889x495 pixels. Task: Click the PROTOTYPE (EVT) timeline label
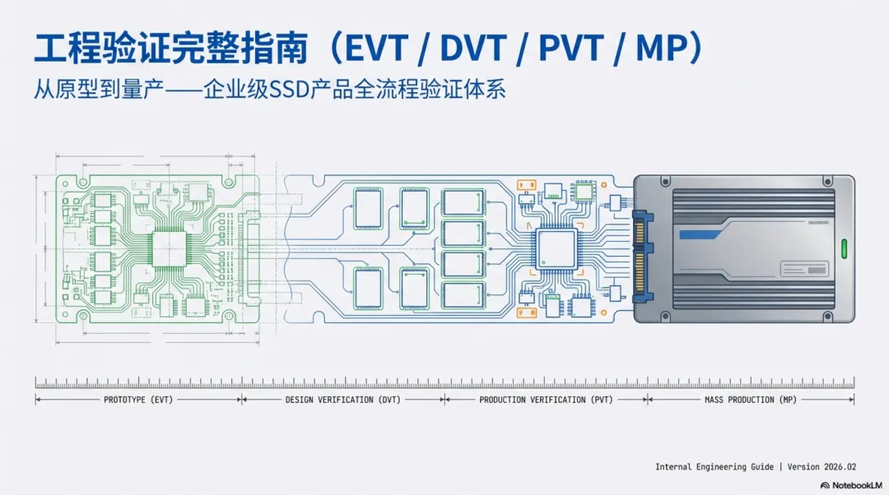pos(137,400)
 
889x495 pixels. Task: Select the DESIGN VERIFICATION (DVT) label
pos(342,400)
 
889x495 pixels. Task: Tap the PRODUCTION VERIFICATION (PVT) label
pos(546,400)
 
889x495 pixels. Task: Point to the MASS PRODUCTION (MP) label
pos(751,400)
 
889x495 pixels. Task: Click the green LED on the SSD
pos(842,248)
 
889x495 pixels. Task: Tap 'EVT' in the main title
pos(375,50)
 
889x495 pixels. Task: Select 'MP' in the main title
pos(661,50)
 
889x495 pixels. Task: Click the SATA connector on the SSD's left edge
pos(640,251)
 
